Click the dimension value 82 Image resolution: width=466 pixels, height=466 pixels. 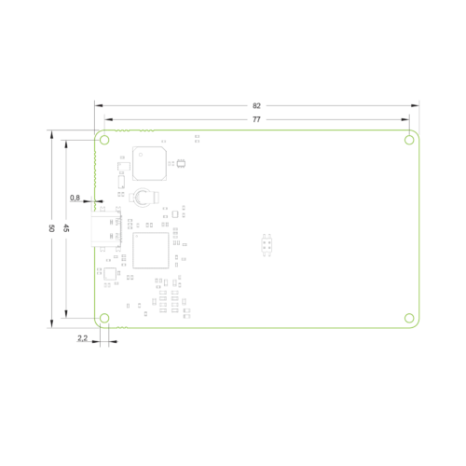(256, 106)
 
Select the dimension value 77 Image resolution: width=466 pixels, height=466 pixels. (256, 119)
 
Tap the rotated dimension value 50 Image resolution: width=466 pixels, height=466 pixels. (51, 228)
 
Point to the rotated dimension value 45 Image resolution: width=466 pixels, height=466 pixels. (66, 228)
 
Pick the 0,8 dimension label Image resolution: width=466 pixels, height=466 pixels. (75, 198)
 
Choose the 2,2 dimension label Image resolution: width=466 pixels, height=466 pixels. (82, 338)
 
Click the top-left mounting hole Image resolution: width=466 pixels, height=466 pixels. (104, 140)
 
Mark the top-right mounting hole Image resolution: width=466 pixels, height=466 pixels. (409, 140)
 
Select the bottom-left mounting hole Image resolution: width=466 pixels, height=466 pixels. (104, 318)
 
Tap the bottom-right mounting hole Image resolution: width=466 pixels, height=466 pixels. (409, 318)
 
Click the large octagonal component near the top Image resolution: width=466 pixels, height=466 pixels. (149, 163)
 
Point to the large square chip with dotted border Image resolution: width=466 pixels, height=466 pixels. (151, 251)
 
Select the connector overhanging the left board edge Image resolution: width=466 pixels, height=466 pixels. (106, 229)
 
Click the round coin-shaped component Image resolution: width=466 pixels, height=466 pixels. (144, 197)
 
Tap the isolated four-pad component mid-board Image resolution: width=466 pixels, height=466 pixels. (267, 245)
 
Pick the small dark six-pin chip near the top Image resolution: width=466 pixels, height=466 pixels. (181, 163)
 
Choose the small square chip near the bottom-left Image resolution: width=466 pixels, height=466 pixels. (110, 274)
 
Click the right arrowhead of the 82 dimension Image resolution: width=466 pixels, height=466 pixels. (415, 105)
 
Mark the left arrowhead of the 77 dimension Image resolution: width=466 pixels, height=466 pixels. (109, 119)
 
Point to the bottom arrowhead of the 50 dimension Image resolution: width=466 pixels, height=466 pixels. (51, 323)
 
